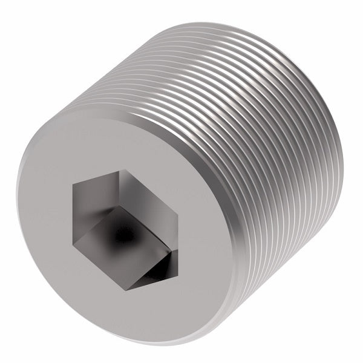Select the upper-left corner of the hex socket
(73, 185)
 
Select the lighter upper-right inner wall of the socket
(148, 194)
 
